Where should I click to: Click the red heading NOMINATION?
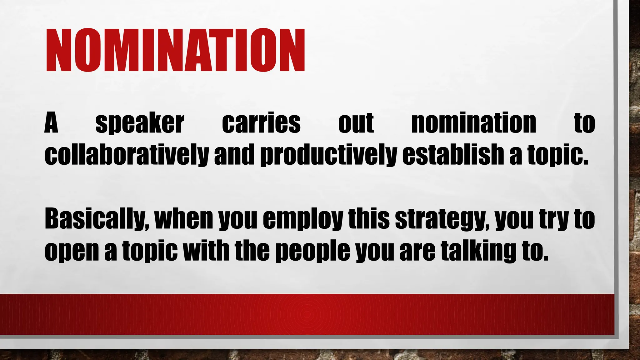coord(175,50)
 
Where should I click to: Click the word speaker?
coord(140,123)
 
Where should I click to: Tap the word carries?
coord(261,123)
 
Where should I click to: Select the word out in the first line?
coord(356,123)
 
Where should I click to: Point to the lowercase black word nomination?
coord(473,123)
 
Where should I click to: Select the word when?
coord(183,219)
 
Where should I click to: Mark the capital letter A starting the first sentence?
coord(52,123)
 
